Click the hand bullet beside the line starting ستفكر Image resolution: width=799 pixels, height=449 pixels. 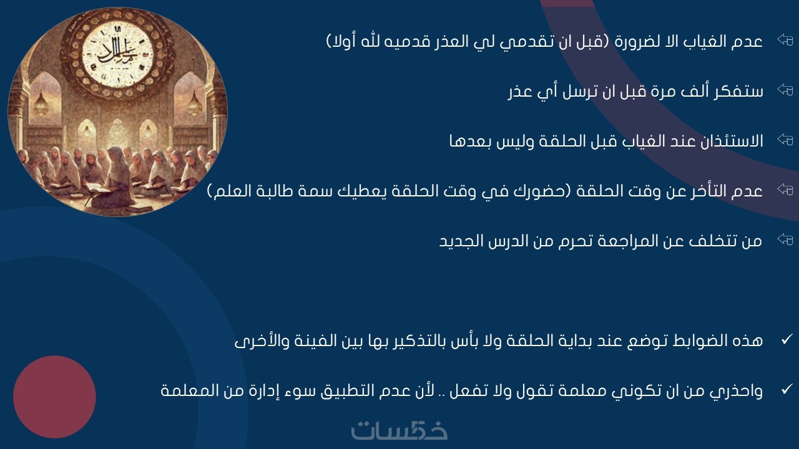tap(785, 89)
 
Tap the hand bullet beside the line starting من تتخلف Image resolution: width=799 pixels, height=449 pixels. tap(785, 239)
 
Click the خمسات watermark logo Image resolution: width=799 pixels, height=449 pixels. tap(399, 430)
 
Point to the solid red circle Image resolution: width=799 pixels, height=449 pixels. tap(54, 397)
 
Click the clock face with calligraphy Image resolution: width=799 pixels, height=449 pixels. tap(118, 56)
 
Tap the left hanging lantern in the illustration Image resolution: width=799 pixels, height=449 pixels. tap(41, 103)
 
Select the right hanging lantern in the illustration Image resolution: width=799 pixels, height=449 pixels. tap(194, 103)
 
